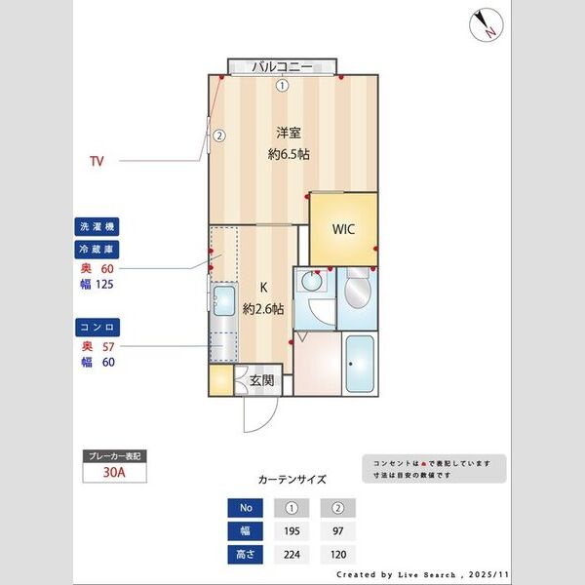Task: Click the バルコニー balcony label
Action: pyautogui.click(x=282, y=66)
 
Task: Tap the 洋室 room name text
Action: pyautogui.click(x=289, y=133)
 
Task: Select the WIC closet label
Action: pyautogui.click(x=343, y=230)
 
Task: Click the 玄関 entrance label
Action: pyautogui.click(x=261, y=380)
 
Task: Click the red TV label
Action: pyautogui.click(x=97, y=160)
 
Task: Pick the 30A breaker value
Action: pyautogui.click(x=115, y=474)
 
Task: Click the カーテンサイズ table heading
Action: pyautogui.click(x=292, y=480)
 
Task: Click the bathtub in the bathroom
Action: pyautogui.click(x=360, y=363)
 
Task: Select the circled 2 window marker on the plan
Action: pyautogui.click(x=219, y=136)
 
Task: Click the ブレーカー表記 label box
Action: pyautogui.click(x=115, y=455)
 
